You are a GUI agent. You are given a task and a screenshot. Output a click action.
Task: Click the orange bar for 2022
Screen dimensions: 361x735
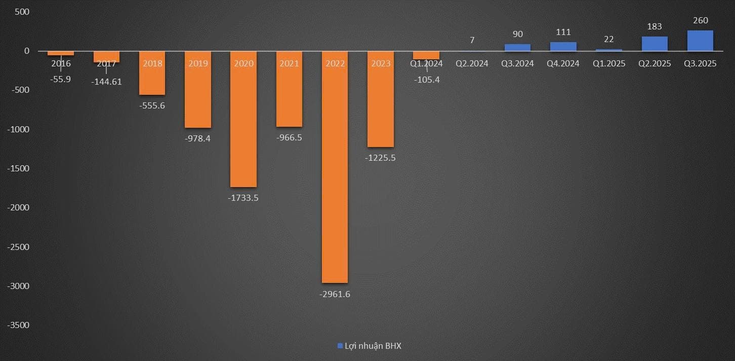(335, 167)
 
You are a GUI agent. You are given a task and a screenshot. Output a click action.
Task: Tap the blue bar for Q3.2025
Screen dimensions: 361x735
(700, 41)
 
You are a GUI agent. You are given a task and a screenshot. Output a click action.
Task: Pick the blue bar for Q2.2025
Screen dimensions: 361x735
(655, 44)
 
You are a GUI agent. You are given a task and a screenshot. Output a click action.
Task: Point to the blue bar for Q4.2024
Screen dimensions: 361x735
(563, 47)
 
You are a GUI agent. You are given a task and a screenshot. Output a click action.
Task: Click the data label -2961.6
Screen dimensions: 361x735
(335, 295)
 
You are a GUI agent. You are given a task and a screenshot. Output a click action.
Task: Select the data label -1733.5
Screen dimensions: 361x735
(243, 198)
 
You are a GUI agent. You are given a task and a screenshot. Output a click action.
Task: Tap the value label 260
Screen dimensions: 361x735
(701, 21)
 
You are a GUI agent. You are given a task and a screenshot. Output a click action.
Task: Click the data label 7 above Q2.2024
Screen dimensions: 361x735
(472, 40)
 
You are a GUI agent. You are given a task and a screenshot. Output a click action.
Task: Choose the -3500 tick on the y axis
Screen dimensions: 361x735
(18, 325)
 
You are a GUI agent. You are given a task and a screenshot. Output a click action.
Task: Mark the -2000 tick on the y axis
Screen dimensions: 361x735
(18, 207)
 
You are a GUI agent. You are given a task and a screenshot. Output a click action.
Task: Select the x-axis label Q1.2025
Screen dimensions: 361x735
(609, 64)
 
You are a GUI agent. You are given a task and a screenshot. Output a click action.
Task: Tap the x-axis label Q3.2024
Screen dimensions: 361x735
(517, 64)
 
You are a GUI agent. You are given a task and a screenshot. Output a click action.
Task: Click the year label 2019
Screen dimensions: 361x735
(197, 64)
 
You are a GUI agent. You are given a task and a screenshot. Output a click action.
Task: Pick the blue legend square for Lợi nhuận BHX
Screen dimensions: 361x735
(340, 346)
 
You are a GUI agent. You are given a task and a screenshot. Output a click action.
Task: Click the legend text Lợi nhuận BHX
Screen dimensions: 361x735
(373, 346)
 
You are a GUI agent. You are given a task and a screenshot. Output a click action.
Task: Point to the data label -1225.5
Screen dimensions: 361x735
(381, 158)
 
